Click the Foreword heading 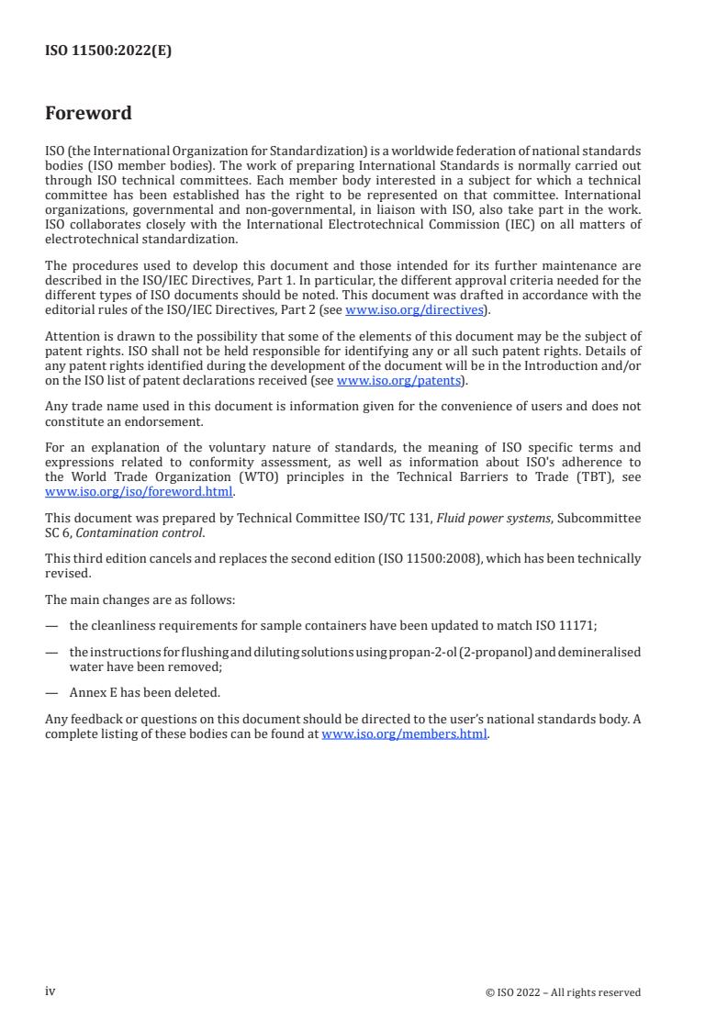tap(88, 114)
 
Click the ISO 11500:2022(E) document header tap(108, 51)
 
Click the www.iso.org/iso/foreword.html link tap(139, 490)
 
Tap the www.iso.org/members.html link tap(404, 734)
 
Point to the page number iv tap(50, 991)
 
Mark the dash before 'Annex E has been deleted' tap(51, 692)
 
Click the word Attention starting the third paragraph tap(73, 338)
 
